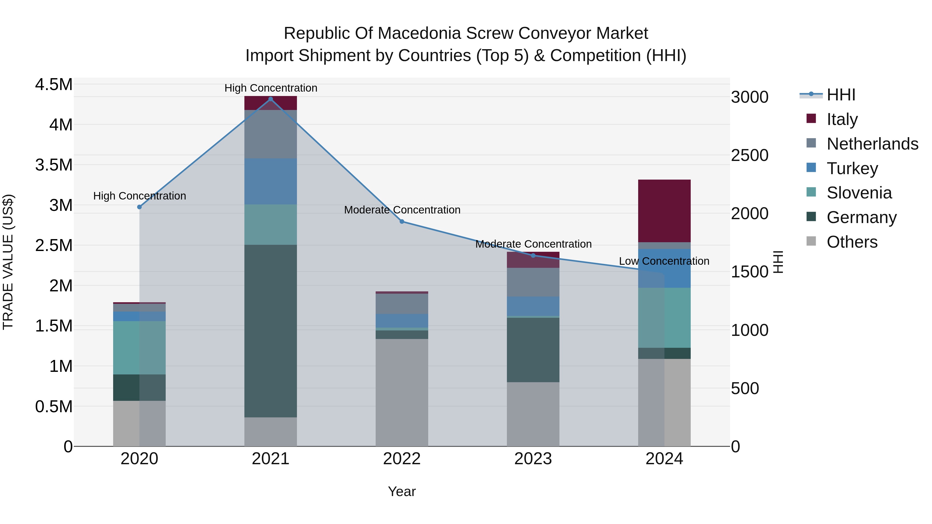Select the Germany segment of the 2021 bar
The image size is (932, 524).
click(270, 331)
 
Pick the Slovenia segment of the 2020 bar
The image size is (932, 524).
click(139, 348)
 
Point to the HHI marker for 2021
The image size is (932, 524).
click(270, 99)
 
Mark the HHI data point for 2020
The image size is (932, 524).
click(139, 207)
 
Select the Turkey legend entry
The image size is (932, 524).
click(852, 168)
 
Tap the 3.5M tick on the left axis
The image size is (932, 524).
click(54, 165)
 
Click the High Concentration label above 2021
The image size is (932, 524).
click(271, 88)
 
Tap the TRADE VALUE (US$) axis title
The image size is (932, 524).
click(8, 262)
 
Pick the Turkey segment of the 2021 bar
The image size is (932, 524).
click(270, 182)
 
